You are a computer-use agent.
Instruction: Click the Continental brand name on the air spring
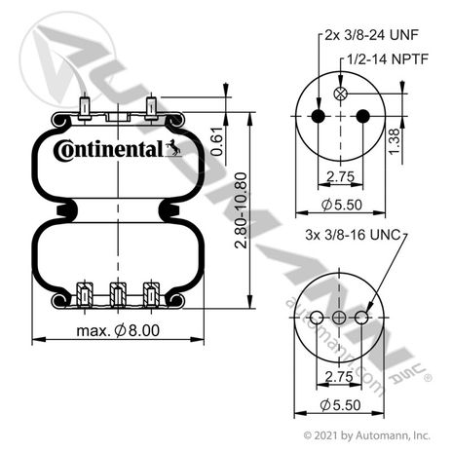[109, 150]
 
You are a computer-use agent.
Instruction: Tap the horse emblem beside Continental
[173, 148]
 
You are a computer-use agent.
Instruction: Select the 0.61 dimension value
[217, 142]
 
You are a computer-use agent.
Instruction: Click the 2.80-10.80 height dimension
[241, 210]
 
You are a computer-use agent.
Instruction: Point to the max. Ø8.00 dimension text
[118, 331]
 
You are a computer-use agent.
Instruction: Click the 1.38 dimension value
[395, 142]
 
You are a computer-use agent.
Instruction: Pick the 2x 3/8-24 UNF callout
[371, 35]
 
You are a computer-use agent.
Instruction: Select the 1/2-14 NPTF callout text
[388, 59]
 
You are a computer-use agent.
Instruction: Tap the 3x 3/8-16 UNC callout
[353, 235]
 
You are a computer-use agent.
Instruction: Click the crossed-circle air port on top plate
[340, 94]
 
